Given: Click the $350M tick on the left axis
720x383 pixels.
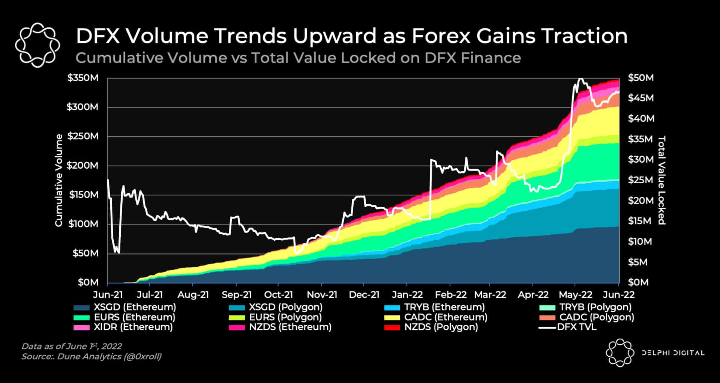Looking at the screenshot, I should coord(82,78).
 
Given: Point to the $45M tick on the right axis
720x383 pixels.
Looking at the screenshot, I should coord(640,98).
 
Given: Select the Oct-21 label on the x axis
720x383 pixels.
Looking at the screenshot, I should coord(278,295).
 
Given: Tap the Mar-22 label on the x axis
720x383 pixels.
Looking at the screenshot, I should coord(490,295).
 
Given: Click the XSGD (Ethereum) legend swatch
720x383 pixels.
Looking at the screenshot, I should coord(82,308).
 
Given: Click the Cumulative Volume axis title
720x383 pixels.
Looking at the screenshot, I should coord(59,180).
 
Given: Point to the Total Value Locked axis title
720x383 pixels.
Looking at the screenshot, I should coord(661,180).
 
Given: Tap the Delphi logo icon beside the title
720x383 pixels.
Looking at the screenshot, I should coord(37,45).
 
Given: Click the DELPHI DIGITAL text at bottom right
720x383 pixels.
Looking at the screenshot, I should coord(673,353).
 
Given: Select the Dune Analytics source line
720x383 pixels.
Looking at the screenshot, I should coord(91,356).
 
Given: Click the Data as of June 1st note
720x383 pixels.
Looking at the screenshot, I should coord(71,346).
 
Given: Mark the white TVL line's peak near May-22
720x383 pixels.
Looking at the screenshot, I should coord(580,79).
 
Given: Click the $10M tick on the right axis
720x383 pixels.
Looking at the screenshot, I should coord(640,241).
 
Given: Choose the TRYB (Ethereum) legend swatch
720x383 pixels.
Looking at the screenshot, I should coord(392,308).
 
